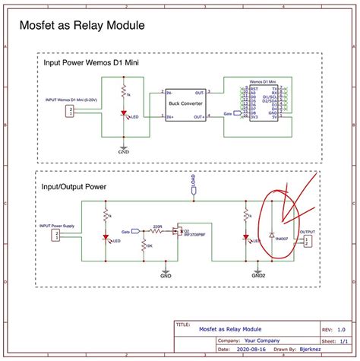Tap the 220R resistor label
(x=157, y=226)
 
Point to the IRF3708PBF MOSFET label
(x=194, y=237)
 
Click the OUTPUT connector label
(x=307, y=232)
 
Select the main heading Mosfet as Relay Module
(x=81, y=27)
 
